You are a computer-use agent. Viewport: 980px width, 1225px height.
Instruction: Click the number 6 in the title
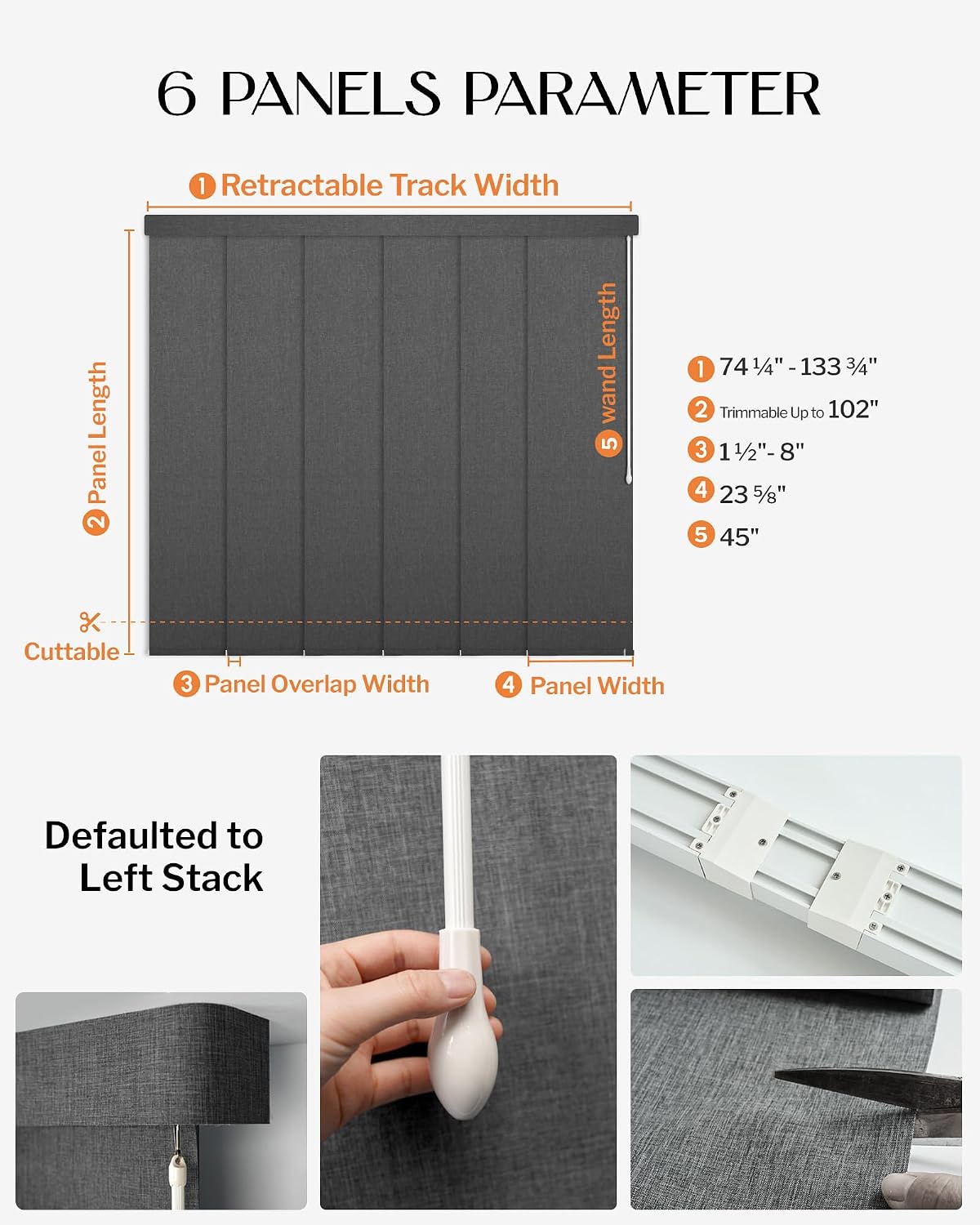[177, 94]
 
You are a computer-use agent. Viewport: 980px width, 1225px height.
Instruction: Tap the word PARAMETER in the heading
[643, 94]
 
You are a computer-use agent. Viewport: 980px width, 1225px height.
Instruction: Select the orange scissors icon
[90, 622]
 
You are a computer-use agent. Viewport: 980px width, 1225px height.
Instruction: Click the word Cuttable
[72, 652]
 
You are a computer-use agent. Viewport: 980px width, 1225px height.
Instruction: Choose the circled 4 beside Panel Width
[509, 684]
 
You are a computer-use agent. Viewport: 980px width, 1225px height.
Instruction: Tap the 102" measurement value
[853, 409]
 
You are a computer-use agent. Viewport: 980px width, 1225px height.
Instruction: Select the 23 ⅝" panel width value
[752, 494]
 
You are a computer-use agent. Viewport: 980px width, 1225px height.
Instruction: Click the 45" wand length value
[739, 537]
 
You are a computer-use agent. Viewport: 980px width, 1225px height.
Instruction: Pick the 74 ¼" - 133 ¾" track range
[798, 367]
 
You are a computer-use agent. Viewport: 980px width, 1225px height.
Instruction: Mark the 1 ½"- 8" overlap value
[761, 452]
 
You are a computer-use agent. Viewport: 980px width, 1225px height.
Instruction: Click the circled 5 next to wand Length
[608, 443]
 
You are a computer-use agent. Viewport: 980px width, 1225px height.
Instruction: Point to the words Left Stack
[171, 878]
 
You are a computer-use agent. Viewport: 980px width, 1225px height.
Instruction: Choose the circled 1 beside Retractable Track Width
[203, 186]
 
